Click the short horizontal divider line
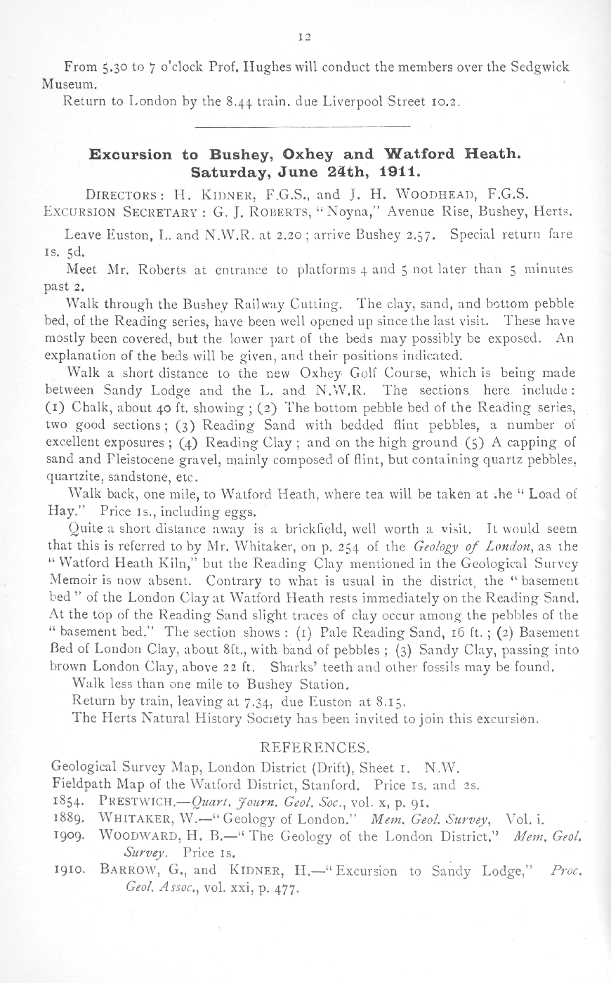pos(301,126)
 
